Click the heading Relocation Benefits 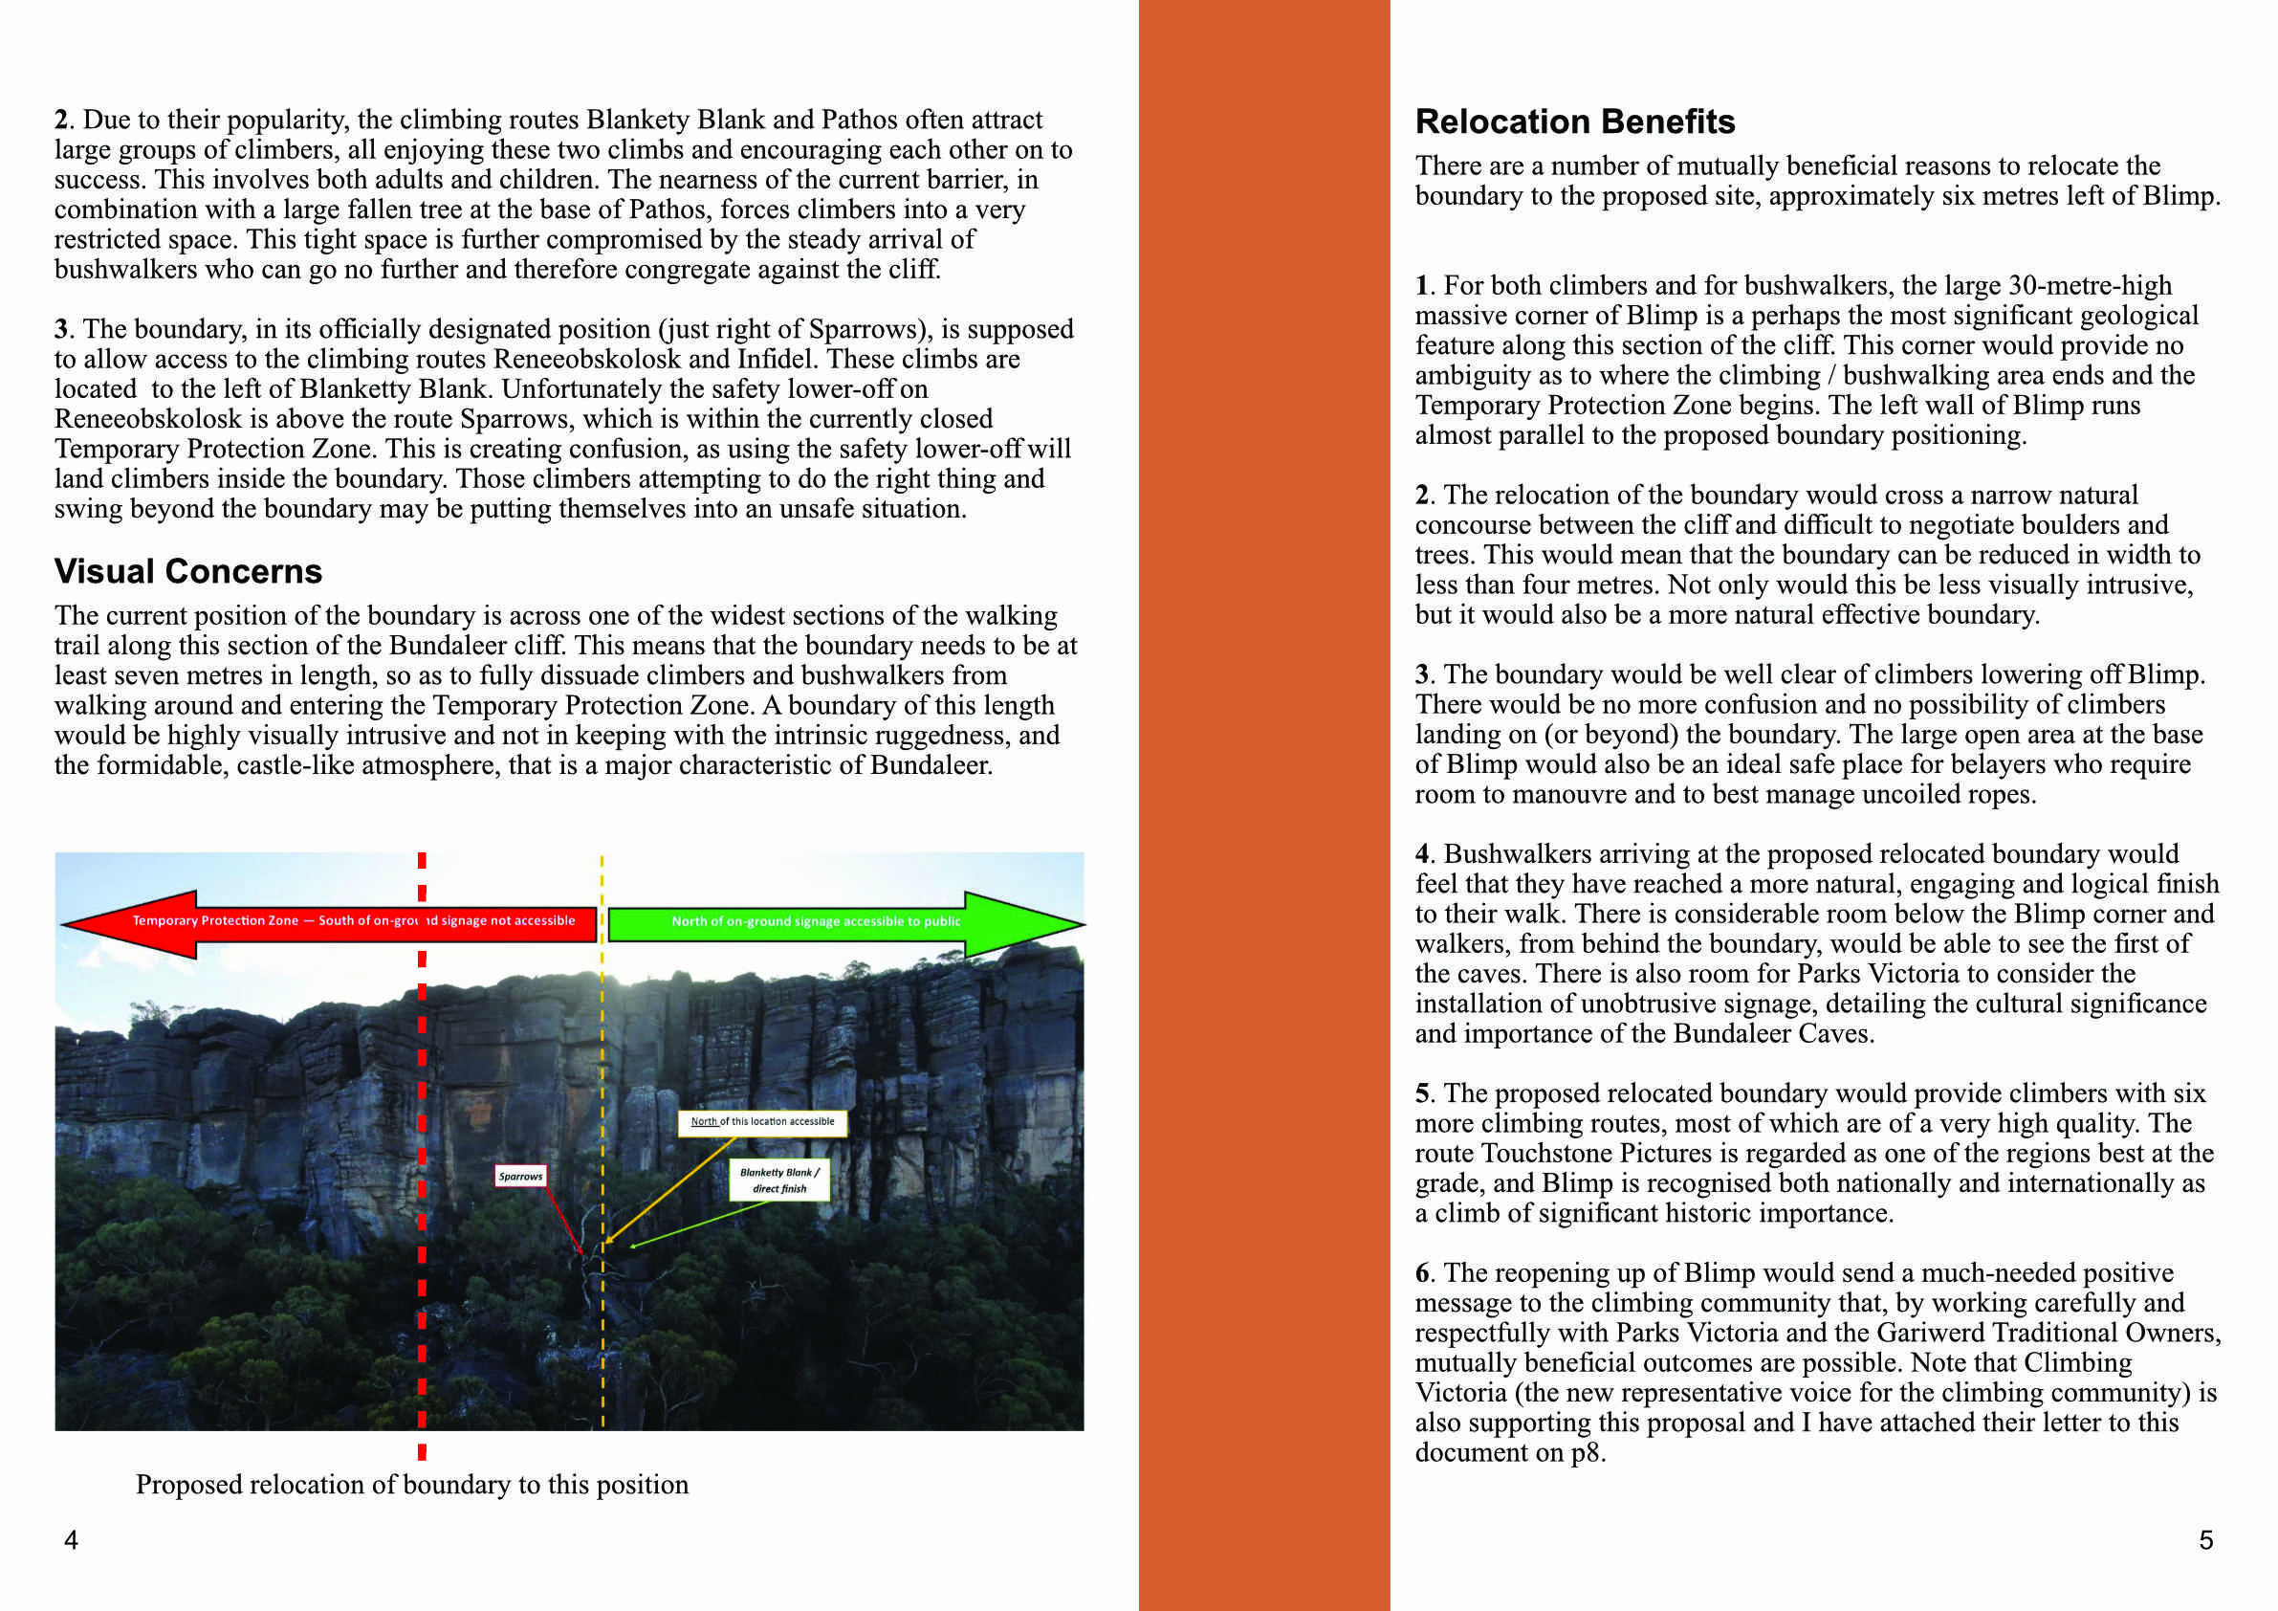(1573, 122)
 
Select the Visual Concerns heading (187, 572)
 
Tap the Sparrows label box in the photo (520, 1177)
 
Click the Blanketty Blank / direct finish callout (778, 1181)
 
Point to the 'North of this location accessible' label (762, 1121)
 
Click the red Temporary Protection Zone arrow (327, 922)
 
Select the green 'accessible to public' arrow (843, 922)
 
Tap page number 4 (71, 1539)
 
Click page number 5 (2205, 1539)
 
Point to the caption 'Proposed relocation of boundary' (412, 1485)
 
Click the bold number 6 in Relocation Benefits (1423, 1273)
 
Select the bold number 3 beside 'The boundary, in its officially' (61, 329)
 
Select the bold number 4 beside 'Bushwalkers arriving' (1423, 854)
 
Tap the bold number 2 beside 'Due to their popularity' (61, 121)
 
